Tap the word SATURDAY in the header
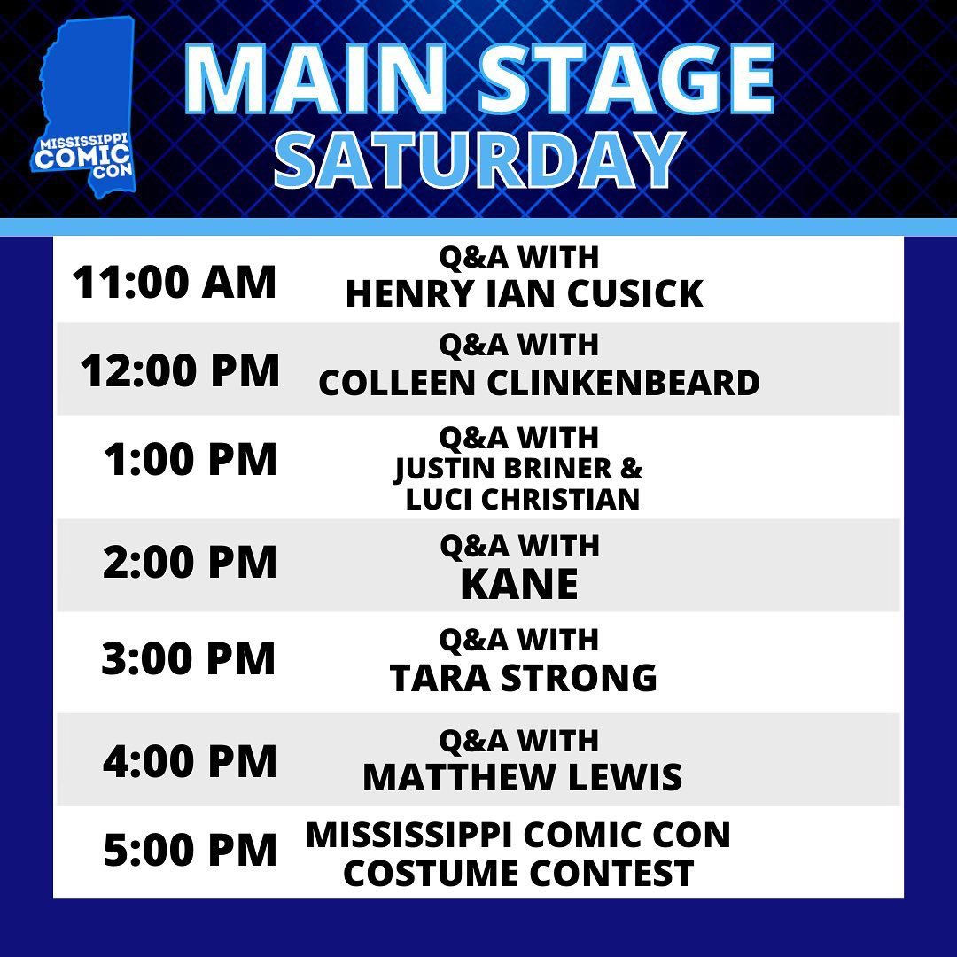pos(478,160)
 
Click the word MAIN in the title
pos(315,80)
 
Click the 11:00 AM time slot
pos(175,283)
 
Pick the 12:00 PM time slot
pos(179,370)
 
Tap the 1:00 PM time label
pos(191,459)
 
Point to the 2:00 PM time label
pos(190,562)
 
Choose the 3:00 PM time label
pos(188,658)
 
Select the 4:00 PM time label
pos(190,761)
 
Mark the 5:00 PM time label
pos(190,850)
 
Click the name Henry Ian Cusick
pos(525,293)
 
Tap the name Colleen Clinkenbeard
pos(539,383)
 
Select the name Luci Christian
pos(523,499)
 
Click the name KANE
pos(519,584)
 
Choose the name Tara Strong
pos(523,678)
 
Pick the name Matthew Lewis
pos(523,777)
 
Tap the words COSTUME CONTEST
pos(518,873)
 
